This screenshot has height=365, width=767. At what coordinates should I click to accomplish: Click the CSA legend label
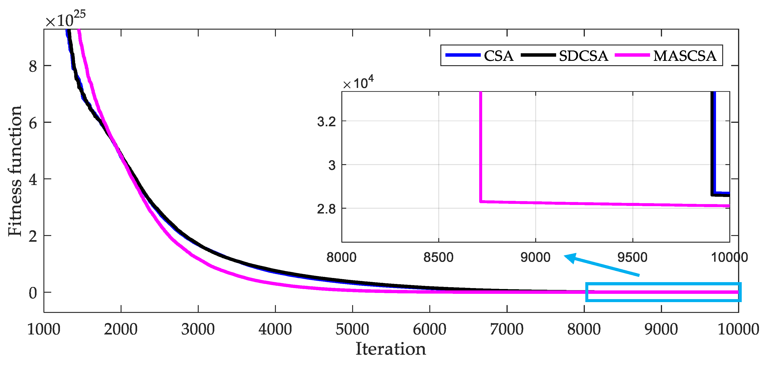[x=498, y=56]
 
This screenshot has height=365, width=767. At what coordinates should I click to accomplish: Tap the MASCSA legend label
[x=685, y=56]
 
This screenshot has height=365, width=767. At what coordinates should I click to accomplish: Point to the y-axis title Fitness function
[x=15, y=171]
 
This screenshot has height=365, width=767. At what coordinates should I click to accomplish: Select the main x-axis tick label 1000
[x=44, y=329]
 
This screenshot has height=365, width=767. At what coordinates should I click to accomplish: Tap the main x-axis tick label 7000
[x=507, y=329]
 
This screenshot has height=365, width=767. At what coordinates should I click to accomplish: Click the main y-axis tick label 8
[x=33, y=66]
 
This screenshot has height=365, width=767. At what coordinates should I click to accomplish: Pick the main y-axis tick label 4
[x=33, y=179]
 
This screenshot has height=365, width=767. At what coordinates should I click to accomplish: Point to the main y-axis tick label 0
[x=33, y=293]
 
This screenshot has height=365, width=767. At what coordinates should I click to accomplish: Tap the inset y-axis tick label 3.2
[x=326, y=122]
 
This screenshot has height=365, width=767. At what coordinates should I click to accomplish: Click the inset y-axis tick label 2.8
[x=326, y=209]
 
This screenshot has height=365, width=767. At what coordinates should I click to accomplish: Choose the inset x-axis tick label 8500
[x=438, y=257]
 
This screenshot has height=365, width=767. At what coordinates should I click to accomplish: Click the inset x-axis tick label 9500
[x=632, y=257]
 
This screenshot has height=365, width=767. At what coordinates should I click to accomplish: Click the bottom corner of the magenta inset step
[x=481, y=202]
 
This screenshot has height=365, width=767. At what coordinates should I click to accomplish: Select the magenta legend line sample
[x=632, y=55]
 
